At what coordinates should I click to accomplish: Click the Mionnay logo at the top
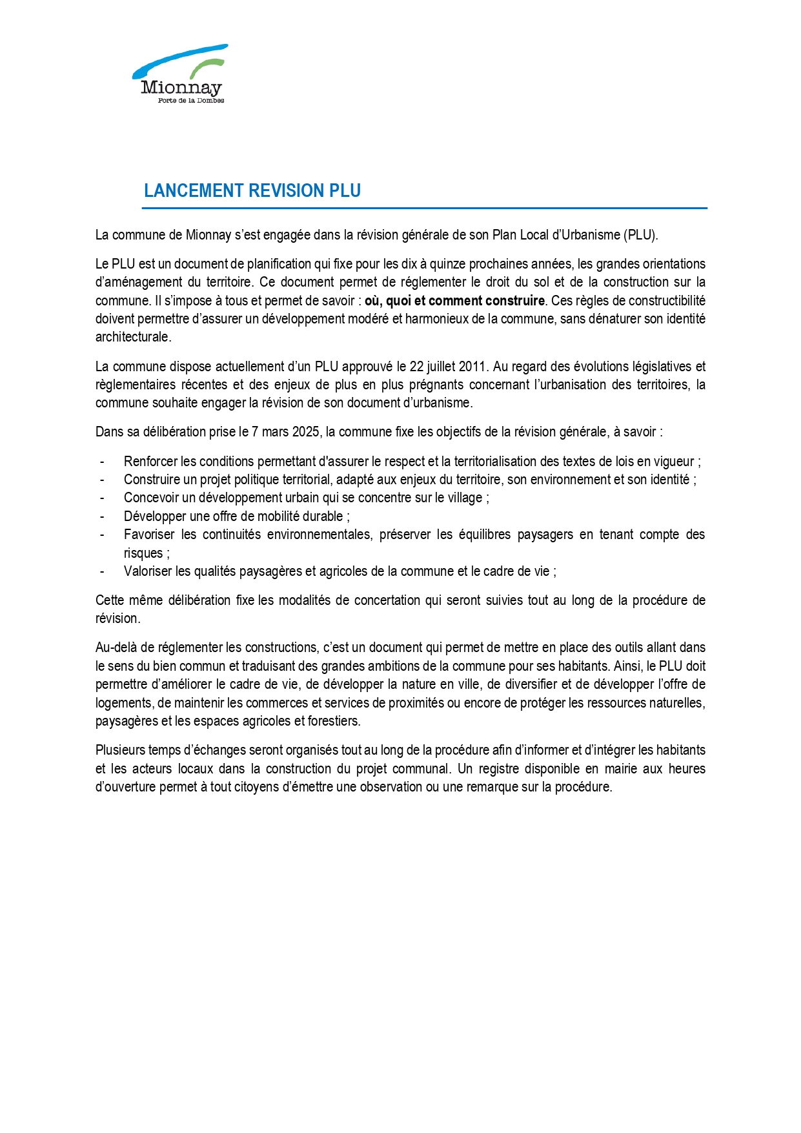[180, 72]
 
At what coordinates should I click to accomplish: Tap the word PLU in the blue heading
[345, 191]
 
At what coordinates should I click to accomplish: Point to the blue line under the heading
[424, 209]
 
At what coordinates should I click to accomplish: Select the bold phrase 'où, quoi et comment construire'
[454, 301]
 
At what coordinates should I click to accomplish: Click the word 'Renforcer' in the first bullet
[151, 462]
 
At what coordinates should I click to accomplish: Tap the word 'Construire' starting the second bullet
[152, 480]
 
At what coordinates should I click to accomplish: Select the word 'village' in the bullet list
[465, 498]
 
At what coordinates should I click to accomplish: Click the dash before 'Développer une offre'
[102, 516]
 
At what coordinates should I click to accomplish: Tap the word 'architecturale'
[132, 337]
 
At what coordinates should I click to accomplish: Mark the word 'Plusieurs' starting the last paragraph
[120, 750]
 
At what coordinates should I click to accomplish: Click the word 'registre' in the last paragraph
[498, 769]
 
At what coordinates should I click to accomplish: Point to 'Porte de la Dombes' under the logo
[191, 101]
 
